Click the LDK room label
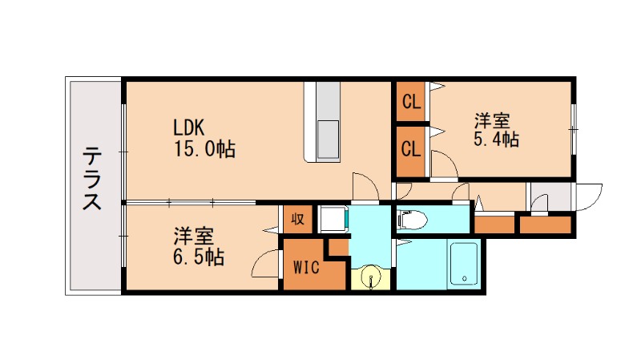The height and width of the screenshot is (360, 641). point(191,127)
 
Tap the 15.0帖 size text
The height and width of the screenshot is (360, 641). point(204,149)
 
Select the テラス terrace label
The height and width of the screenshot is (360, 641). point(93,178)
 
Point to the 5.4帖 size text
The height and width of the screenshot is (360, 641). point(496,141)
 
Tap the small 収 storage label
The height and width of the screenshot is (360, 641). point(297,219)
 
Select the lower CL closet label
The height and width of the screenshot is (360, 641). point(411,148)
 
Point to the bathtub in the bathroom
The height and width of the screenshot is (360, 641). point(464,264)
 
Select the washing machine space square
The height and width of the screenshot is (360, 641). point(333,220)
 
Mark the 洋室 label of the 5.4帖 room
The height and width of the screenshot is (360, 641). point(492,121)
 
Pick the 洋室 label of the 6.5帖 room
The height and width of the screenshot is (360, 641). point(195,237)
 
